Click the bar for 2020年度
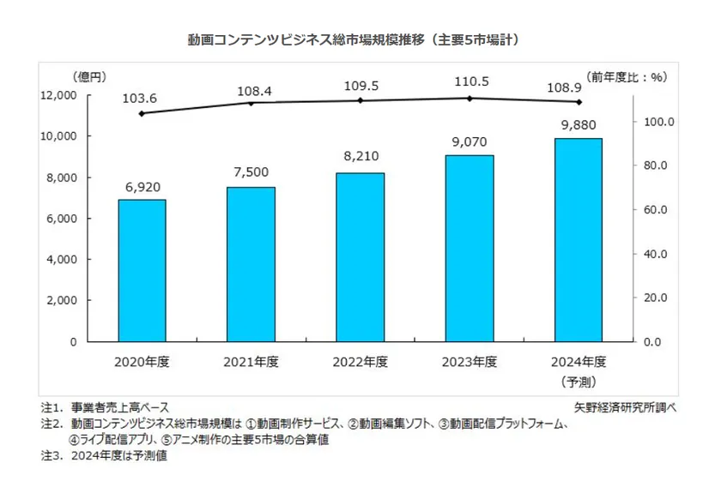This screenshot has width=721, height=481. point(142,270)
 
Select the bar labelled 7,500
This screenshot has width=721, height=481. point(251,264)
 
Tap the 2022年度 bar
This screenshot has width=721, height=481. point(360,257)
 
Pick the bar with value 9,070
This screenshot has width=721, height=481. point(469,248)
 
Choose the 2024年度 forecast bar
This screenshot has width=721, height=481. point(578,239)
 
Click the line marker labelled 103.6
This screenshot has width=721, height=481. point(142,113)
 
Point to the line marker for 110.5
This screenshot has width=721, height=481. point(469,98)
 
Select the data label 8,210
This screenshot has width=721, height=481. point(360,157)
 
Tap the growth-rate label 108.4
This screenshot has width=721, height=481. point(251,88)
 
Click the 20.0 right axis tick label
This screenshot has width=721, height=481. point(660,298)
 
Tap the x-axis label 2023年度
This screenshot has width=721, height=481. point(469,362)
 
